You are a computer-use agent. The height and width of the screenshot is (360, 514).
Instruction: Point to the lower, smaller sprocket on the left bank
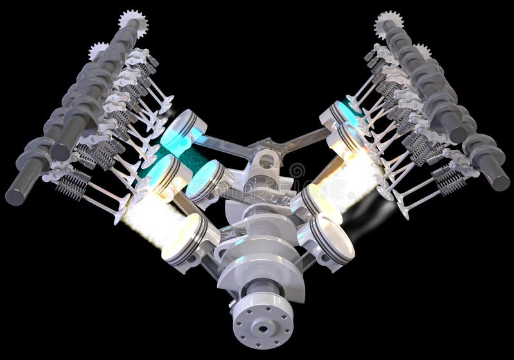tap(98, 50)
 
